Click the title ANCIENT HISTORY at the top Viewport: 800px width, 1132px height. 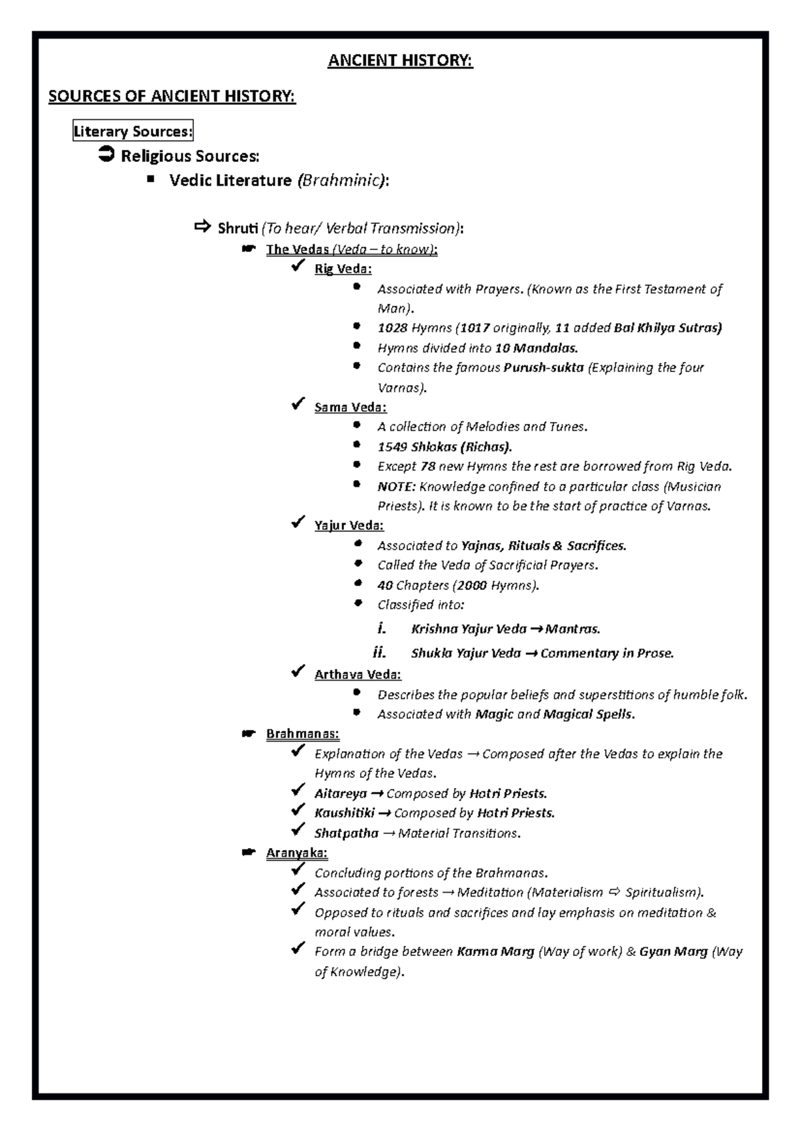[400, 61]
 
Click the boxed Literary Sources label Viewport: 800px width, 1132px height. [133, 131]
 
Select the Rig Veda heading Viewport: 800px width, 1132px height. [343, 269]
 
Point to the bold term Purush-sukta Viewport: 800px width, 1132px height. [543, 367]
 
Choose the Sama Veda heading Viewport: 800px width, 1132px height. [350, 407]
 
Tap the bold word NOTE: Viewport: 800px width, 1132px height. [396, 487]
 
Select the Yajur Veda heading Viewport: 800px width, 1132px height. [349, 525]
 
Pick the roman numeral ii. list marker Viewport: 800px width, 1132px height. [379, 653]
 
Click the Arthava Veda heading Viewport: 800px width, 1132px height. [357, 675]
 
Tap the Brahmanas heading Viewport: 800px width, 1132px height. [302, 734]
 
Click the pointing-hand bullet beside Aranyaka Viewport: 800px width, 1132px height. [248, 853]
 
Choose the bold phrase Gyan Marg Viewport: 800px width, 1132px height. [673, 952]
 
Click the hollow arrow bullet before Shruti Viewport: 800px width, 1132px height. [201, 227]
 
